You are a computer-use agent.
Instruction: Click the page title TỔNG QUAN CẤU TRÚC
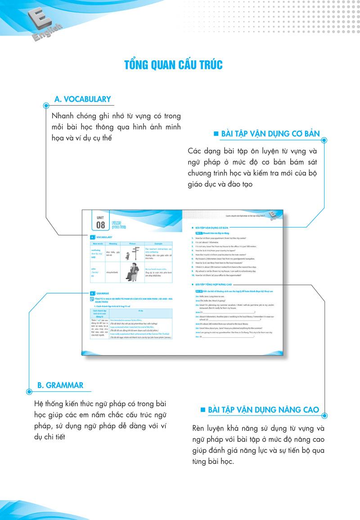(x=173, y=65)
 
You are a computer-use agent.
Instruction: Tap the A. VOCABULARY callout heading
(x=82, y=99)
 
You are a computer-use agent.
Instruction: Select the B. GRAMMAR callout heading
(x=60, y=385)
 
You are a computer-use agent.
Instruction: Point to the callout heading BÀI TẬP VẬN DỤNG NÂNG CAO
(x=263, y=410)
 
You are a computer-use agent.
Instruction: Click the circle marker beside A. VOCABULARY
(x=46, y=106)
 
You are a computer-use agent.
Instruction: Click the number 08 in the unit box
(x=100, y=224)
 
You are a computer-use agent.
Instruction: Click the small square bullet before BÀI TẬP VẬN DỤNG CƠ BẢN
(x=216, y=134)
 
